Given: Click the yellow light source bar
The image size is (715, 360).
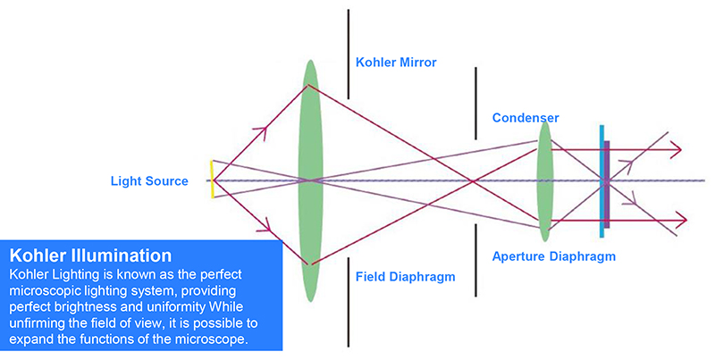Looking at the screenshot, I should (212, 180).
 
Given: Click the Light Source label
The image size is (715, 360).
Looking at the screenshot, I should (149, 181).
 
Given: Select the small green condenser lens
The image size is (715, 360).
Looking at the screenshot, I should (544, 180).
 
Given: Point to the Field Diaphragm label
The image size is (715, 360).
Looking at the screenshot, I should (405, 277).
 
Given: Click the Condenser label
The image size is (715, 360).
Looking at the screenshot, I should (526, 118).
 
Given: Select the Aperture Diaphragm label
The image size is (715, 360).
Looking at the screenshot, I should (553, 256).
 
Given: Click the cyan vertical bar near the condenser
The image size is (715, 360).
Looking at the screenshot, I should (602, 179).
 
